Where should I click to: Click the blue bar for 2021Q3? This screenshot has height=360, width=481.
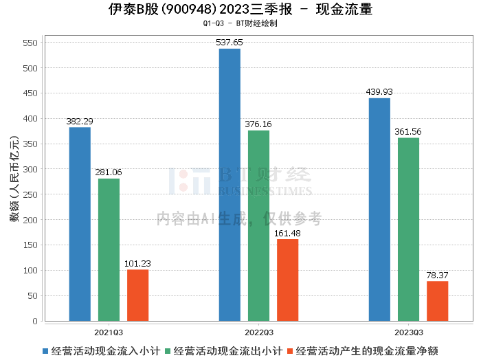(x=80, y=224)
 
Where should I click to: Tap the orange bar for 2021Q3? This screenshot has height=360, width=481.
(x=137, y=295)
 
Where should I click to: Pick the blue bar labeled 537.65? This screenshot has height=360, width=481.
(x=230, y=185)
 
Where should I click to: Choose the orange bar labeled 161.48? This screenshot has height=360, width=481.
(x=287, y=280)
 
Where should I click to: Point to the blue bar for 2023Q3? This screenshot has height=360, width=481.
(x=379, y=210)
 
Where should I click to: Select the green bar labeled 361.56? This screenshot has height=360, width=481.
(x=408, y=229)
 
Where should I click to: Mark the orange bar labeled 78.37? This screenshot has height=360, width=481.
(x=437, y=301)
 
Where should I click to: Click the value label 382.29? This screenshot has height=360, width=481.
(x=80, y=122)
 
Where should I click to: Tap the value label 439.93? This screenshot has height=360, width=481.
(x=379, y=92)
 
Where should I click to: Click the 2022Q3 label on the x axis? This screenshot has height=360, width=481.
(x=258, y=331)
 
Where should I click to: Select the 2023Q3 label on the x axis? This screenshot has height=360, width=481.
(x=408, y=331)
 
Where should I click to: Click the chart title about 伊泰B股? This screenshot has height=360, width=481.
(x=240, y=9)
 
